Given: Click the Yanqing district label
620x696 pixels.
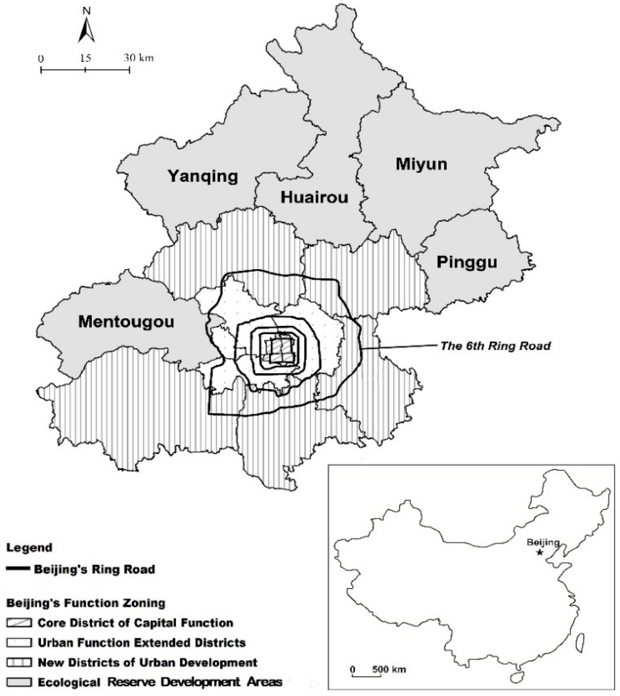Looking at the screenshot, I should click(203, 176).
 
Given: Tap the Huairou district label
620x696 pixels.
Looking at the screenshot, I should click(314, 197).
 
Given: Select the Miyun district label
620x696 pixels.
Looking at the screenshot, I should click(421, 164).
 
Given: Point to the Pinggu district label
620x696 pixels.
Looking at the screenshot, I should click(467, 262).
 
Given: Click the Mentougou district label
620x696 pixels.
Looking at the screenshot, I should click(126, 322).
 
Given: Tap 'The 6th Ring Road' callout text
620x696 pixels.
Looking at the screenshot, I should click(496, 346).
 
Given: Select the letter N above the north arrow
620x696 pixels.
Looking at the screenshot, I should click(86, 11).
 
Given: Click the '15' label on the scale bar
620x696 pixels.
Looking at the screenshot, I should click(85, 58).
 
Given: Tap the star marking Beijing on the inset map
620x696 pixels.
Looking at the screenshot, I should click(540, 552).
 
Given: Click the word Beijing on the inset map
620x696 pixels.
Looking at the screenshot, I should click(543, 542).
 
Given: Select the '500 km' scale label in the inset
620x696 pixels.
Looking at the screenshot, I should click(389, 669).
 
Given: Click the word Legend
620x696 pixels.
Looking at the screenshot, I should click(29, 548).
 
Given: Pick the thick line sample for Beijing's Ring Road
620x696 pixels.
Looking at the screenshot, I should click(18, 569).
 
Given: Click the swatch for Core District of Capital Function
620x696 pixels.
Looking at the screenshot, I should click(19, 623).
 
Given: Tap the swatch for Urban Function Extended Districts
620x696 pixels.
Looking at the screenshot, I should click(19, 642).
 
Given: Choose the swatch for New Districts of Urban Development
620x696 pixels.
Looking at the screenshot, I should click(19, 662).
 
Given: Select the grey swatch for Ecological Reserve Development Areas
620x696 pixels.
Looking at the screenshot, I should click(19, 682).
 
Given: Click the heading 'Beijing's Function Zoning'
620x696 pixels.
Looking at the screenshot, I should click(86, 603).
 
